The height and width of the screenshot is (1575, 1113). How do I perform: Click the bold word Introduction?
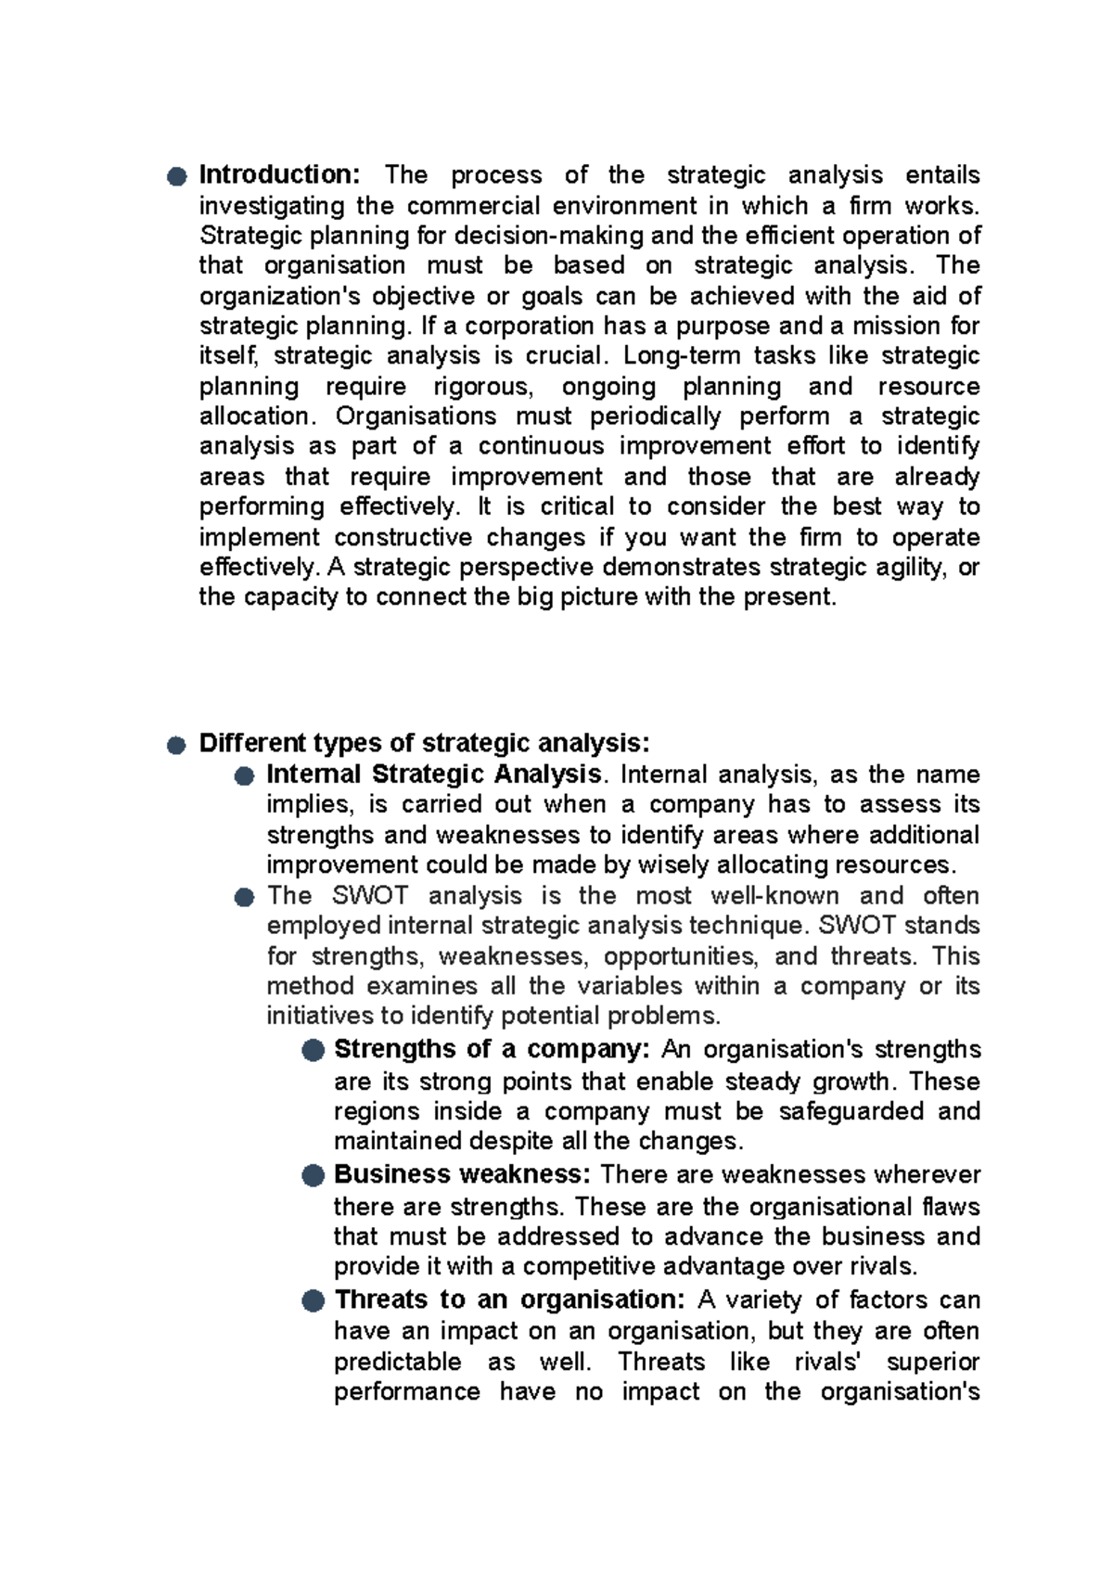279,174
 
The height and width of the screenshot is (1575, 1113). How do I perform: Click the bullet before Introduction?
177,176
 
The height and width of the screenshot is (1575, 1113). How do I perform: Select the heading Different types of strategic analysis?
424,743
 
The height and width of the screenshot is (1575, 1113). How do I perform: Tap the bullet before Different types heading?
177,745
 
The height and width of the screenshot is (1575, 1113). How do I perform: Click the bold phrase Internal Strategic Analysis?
433,774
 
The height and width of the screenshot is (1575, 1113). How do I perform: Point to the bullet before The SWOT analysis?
244,897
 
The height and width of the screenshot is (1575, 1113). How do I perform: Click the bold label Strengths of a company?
491,1049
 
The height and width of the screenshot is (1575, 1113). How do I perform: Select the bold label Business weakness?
462,1174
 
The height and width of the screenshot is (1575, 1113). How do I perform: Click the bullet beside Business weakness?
313,1176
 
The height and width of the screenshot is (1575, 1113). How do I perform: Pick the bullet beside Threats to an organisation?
313,1301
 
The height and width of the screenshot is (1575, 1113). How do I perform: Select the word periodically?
655,416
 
